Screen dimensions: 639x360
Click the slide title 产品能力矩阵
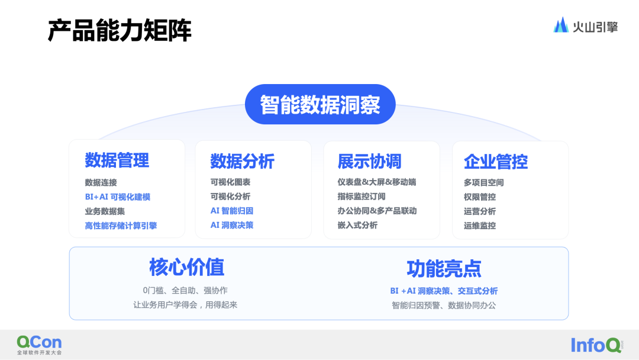[120, 31]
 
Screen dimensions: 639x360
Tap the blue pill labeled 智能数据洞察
[320, 104]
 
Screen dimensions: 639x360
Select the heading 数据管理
[117, 160]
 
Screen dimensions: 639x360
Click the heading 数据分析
[242, 161]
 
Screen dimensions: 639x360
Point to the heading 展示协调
[369, 161]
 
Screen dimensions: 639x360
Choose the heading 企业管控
[496, 161]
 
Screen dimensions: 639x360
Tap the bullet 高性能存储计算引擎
[121, 226]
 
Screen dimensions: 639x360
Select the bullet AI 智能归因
[232, 211]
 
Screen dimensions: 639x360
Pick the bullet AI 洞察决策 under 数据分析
[232, 225]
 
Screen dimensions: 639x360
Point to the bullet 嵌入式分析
[357, 225]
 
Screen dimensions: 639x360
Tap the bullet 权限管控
[480, 197]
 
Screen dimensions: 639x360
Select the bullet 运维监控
[480, 226]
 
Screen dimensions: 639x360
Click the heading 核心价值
[186, 268]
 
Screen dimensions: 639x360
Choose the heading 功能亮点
[444, 269]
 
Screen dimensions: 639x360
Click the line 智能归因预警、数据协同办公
[444, 306]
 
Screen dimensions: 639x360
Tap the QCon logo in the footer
[39, 344]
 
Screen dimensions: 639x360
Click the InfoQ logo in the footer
[596, 345]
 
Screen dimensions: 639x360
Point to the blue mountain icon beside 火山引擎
[561, 25]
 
